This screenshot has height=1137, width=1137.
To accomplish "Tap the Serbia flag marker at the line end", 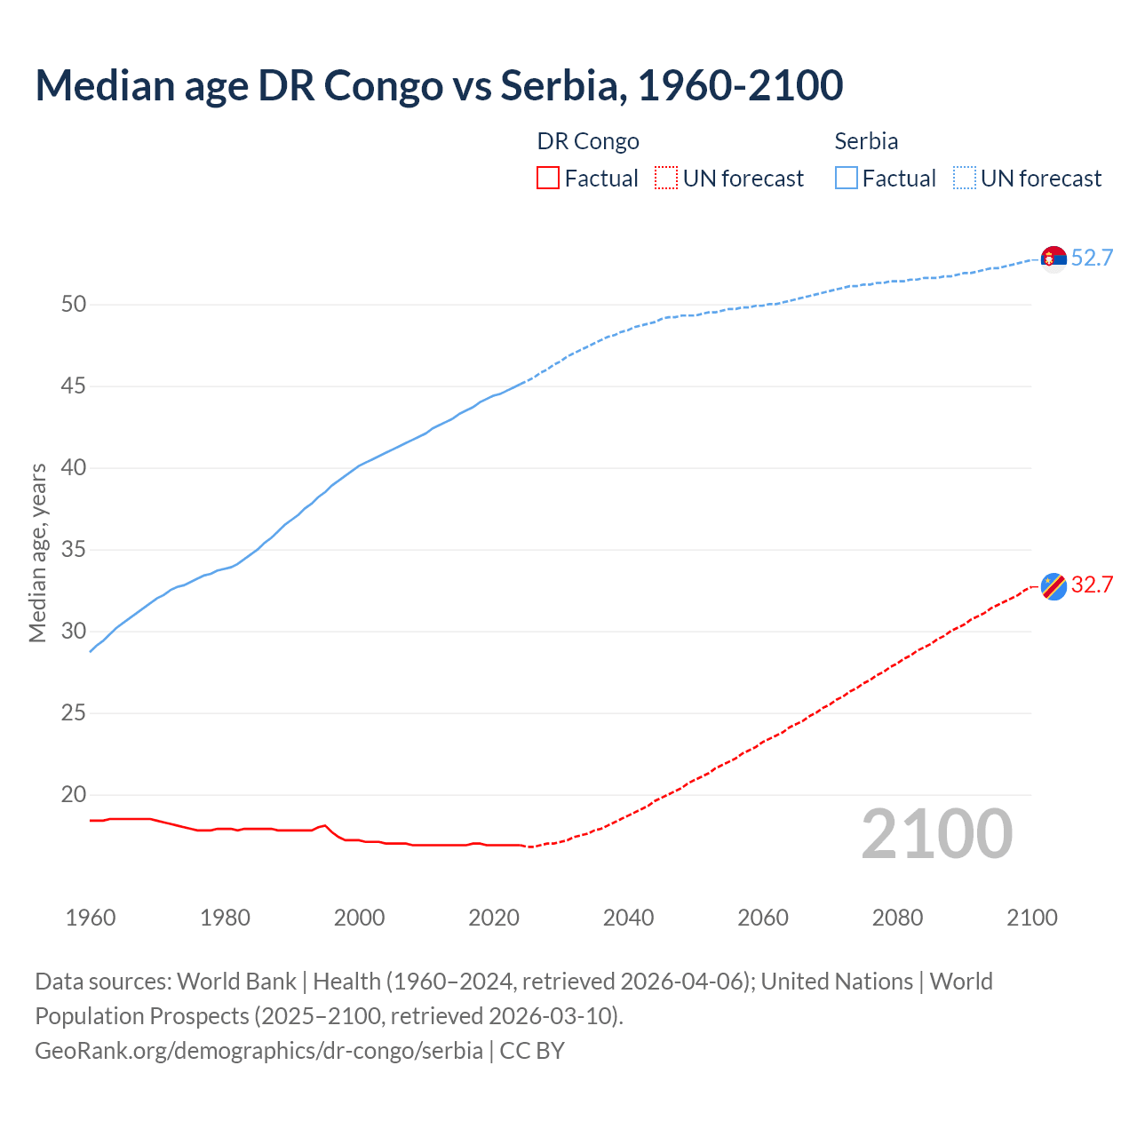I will (x=1054, y=258).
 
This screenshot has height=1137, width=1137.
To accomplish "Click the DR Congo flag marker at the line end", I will (x=1054, y=586).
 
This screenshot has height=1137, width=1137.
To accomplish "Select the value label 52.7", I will (x=1092, y=258).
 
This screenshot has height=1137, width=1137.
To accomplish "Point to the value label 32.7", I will (x=1092, y=584).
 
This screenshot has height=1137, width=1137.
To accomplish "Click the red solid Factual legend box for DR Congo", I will (x=548, y=179).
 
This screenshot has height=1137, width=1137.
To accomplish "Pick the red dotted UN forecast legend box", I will (x=666, y=179).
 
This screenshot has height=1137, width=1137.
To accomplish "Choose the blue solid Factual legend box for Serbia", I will (x=847, y=179).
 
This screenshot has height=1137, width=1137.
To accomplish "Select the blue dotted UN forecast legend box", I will (x=964, y=179).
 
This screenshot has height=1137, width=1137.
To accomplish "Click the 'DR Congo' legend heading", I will (x=588, y=141).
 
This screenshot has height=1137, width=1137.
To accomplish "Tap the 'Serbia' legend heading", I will (x=866, y=141).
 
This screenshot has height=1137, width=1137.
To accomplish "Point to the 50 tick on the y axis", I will (x=74, y=305).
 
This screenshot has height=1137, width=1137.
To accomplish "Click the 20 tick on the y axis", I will (x=74, y=795).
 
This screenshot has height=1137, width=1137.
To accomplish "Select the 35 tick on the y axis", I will (x=74, y=550).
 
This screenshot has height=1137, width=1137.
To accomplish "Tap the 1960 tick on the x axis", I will (x=91, y=918).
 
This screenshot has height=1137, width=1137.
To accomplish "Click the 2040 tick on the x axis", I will (x=628, y=918).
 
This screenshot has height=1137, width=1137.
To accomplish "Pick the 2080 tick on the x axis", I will (x=897, y=918).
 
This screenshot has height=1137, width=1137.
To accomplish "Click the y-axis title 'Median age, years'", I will (x=37, y=553).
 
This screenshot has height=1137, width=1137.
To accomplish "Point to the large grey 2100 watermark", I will (x=937, y=834).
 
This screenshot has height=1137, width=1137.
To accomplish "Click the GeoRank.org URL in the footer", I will (x=258, y=1051).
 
